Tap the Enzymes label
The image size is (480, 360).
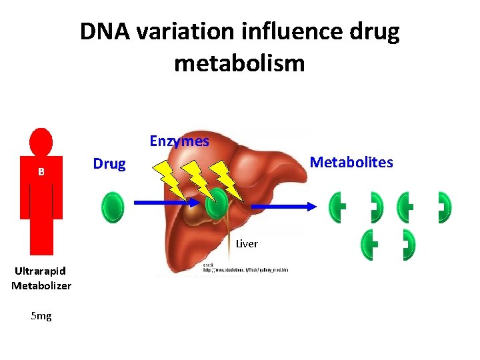pos(179,141)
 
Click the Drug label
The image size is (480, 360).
pos(109,164)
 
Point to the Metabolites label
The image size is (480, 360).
pos(352,162)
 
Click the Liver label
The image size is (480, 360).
pos(247,244)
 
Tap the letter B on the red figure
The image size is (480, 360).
pos(41,171)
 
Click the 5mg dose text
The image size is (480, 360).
pos(41,316)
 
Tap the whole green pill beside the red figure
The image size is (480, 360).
pos(113,207)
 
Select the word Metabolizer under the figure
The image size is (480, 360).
pos(41,286)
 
